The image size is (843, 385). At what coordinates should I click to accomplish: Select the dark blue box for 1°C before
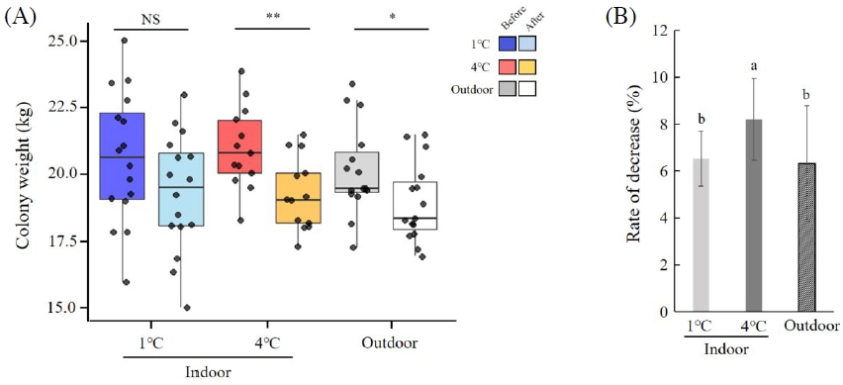(x=123, y=156)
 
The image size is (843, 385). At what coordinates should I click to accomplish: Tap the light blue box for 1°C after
(x=181, y=189)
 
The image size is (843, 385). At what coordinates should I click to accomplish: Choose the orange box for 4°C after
(x=298, y=198)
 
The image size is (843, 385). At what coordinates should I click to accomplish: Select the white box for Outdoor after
(x=415, y=205)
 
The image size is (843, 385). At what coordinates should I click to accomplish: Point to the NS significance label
(x=151, y=18)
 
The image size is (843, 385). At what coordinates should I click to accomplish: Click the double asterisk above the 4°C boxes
(x=269, y=18)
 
